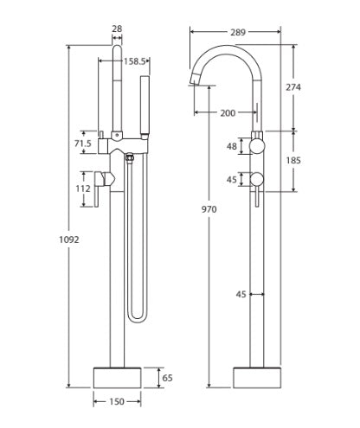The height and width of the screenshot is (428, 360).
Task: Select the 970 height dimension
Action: (x=209, y=208)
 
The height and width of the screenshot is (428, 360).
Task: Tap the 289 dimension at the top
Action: (x=235, y=32)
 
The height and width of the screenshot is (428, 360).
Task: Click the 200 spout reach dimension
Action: (x=226, y=113)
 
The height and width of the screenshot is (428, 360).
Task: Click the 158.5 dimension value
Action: (x=134, y=61)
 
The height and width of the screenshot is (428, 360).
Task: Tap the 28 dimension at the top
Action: (x=117, y=29)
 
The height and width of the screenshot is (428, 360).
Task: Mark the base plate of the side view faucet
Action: (x=258, y=378)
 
